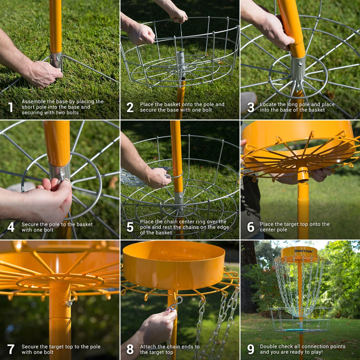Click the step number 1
(x=11, y=107)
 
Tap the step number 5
(x=130, y=227)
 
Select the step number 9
(x=251, y=349)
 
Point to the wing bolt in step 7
(x=69, y=303)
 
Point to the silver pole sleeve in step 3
(x=298, y=68)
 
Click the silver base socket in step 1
(x=56, y=60)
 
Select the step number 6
(x=251, y=227)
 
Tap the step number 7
(x=11, y=349)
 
